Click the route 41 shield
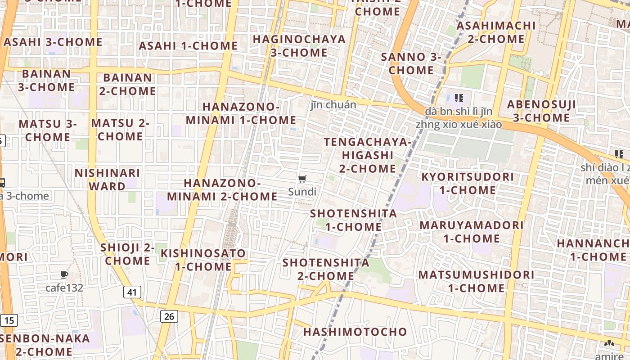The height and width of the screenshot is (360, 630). pos(132,292)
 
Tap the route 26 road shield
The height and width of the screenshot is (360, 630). pos(169,316)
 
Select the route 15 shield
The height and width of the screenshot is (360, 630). pos(9,320)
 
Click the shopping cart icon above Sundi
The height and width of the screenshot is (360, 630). pos(302,179)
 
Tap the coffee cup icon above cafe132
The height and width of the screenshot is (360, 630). pos(64,274)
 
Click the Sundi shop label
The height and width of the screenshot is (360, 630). pos(302,192)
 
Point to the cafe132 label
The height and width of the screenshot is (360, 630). pos(64,288)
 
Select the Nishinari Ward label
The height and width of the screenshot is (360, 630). pos(107,180)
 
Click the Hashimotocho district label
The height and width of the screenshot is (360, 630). pos(355,332)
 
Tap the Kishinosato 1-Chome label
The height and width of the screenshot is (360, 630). pos(203,260)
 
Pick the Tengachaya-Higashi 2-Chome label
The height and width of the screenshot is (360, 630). pos(368,155)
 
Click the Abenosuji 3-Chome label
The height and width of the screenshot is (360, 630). pos(542,111)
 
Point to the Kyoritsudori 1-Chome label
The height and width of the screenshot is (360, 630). pos(468,183)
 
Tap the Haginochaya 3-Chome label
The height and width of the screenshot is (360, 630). pos(299,46)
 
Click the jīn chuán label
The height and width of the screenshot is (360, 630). pos(333,105)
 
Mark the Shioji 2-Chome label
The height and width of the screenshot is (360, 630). pos(128,254)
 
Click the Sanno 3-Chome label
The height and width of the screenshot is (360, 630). pos(411,63)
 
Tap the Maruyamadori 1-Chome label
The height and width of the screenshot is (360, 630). pos(472,231)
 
